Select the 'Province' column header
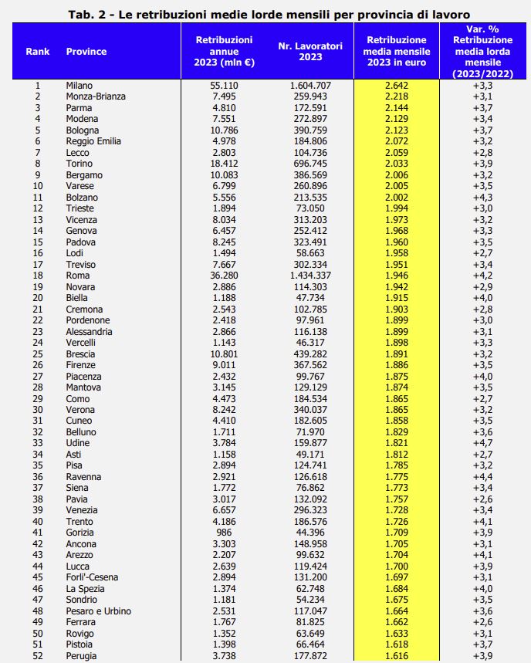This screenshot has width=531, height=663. point(86,52)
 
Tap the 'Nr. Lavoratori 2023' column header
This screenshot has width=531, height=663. point(310,52)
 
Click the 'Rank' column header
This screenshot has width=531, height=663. point(38,52)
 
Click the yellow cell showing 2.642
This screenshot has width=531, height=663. point(396,85)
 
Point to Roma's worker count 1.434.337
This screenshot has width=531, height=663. point(310,276)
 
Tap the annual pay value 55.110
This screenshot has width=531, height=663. point(228,85)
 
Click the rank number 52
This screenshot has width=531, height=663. point(38,656)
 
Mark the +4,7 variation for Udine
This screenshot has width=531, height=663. point(483,443)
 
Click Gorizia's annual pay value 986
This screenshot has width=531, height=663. point(228,533)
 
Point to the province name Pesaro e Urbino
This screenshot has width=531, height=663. point(99,611)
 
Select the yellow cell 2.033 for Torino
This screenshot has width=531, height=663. point(396,164)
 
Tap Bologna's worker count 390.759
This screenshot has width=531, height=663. point(310,130)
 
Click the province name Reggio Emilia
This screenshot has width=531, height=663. point(94,141)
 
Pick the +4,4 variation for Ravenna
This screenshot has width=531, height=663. point(483,477)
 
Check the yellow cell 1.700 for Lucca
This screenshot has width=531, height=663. point(396,567)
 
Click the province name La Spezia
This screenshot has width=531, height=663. point(86,589)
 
